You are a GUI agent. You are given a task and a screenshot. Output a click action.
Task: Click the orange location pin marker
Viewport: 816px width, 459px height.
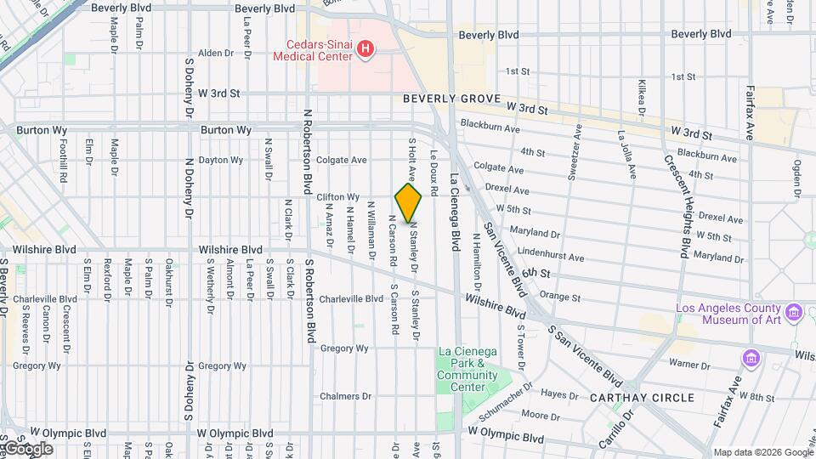pyautogui.click(x=408, y=204)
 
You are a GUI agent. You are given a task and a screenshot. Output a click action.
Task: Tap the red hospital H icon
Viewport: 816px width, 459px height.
pyautogui.click(x=365, y=49)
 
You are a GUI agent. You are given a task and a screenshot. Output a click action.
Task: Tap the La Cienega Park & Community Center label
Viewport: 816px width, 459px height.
pyautogui.click(x=467, y=370)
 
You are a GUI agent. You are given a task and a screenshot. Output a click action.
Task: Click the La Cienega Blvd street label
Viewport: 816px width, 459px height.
pyautogui.click(x=455, y=213)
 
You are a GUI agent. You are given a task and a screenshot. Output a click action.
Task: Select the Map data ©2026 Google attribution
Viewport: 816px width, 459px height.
pyautogui.click(x=762, y=452)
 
